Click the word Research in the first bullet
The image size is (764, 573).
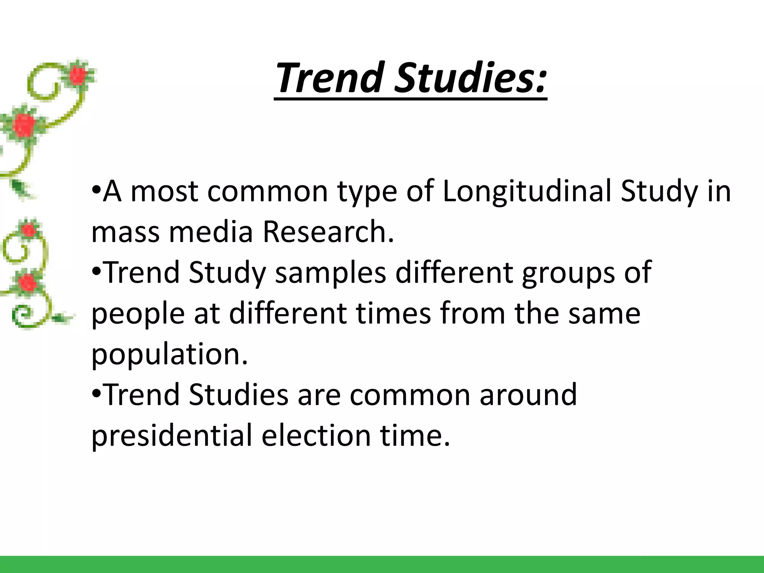click(x=328, y=232)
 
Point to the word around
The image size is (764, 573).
click(x=528, y=395)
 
